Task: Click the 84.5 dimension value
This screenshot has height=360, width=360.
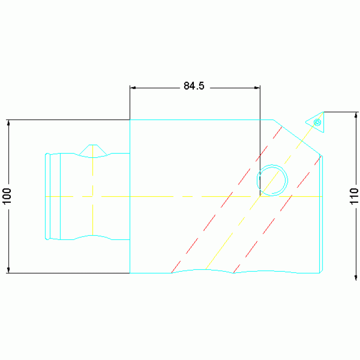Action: coord(194,86)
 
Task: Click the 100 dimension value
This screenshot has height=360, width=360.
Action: coord(7,196)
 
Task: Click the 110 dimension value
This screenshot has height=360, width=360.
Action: coord(354,196)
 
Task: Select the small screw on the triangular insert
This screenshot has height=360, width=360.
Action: coord(317,122)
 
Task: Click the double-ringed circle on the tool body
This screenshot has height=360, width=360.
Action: coord(272,180)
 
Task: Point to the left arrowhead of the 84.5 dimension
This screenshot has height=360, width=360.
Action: coord(132,88)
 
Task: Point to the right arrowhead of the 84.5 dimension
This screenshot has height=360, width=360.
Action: coord(257,88)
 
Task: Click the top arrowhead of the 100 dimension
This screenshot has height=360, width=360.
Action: coord(8,123)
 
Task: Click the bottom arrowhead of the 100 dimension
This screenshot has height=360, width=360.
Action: coord(8,270)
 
